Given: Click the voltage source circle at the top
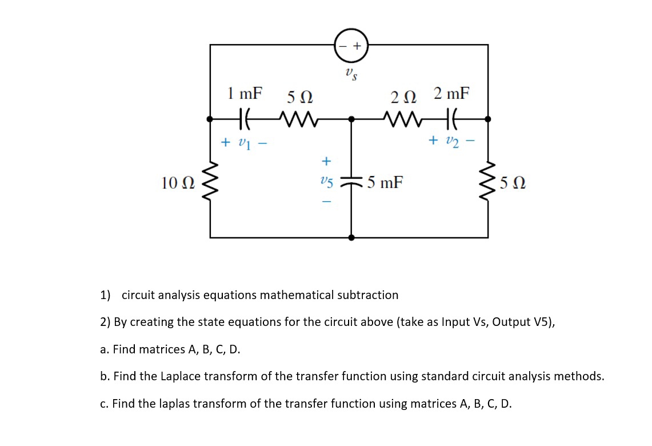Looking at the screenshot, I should pyautogui.click(x=351, y=45).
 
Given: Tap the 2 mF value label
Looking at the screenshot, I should pyautogui.click(x=451, y=93).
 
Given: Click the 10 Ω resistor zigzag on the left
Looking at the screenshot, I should pyautogui.click(x=210, y=182).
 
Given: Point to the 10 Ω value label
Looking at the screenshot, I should pyautogui.click(x=178, y=183).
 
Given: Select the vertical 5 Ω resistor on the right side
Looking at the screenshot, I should pyautogui.click(x=487, y=182).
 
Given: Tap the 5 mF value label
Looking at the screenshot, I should pyautogui.click(x=385, y=183).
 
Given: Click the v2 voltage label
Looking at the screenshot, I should pyautogui.click(x=452, y=141).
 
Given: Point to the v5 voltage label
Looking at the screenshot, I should pyautogui.click(x=326, y=182).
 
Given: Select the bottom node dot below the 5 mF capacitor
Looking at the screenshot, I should pyautogui.click(x=351, y=237).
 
